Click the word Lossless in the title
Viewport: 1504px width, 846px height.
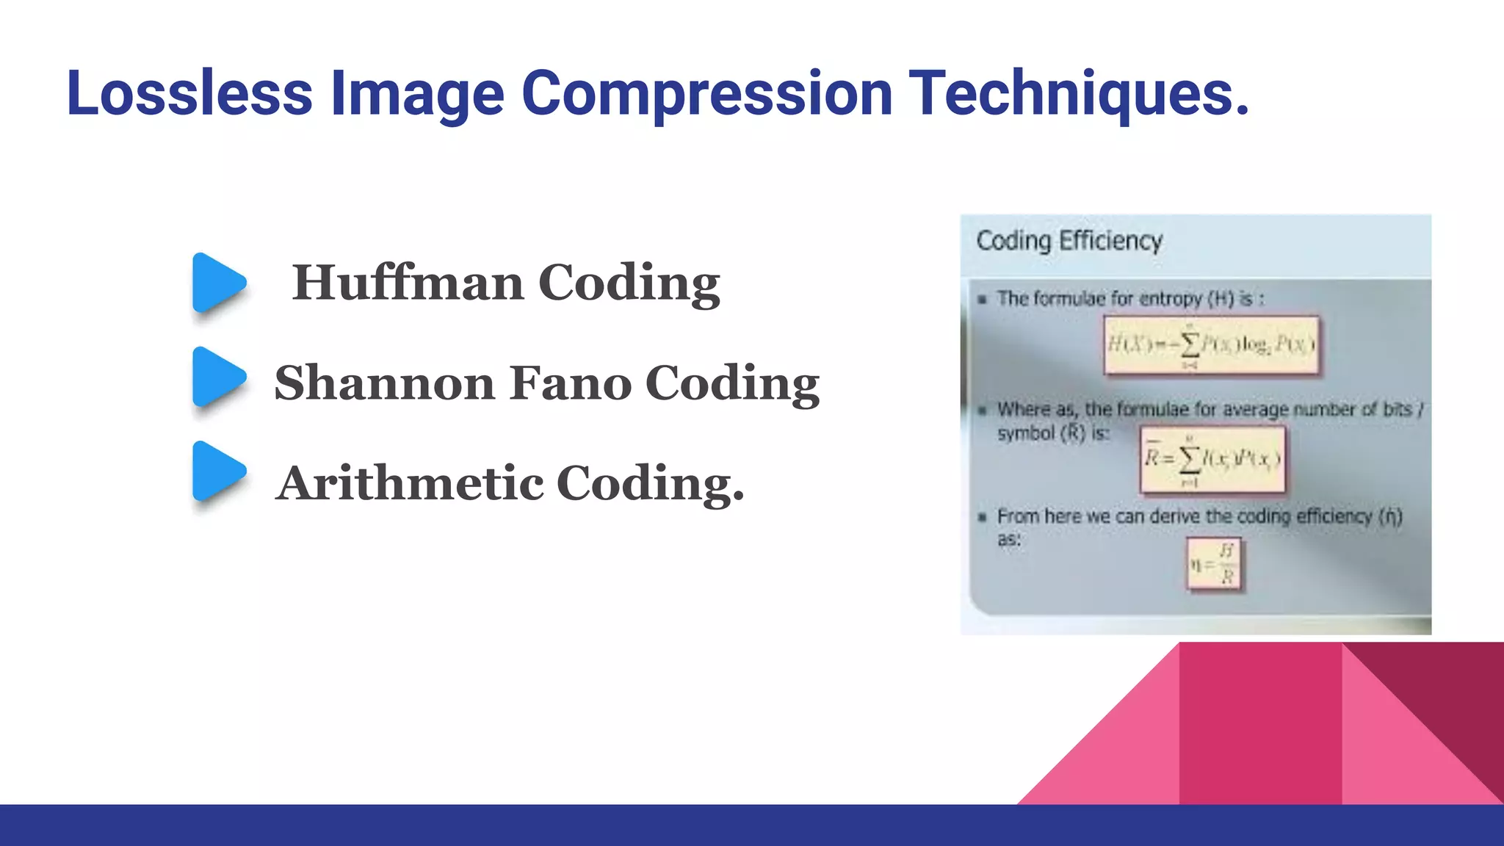point(189,93)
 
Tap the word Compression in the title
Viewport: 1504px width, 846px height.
point(706,93)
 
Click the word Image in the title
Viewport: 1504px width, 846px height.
point(417,93)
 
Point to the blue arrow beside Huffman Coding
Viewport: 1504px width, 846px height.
point(217,283)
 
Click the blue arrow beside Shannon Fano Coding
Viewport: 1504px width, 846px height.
point(217,377)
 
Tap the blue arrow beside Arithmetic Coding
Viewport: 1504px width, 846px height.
point(217,471)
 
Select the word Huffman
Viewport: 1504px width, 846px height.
point(408,283)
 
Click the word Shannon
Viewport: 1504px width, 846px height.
point(384,383)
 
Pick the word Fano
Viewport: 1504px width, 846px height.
point(570,383)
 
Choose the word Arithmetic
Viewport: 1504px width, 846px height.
point(410,483)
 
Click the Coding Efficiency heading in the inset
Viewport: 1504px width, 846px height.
point(1069,241)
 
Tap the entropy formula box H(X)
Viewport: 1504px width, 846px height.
point(1211,344)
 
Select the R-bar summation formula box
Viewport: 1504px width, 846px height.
point(1212,460)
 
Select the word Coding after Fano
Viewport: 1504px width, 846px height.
point(731,383)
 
